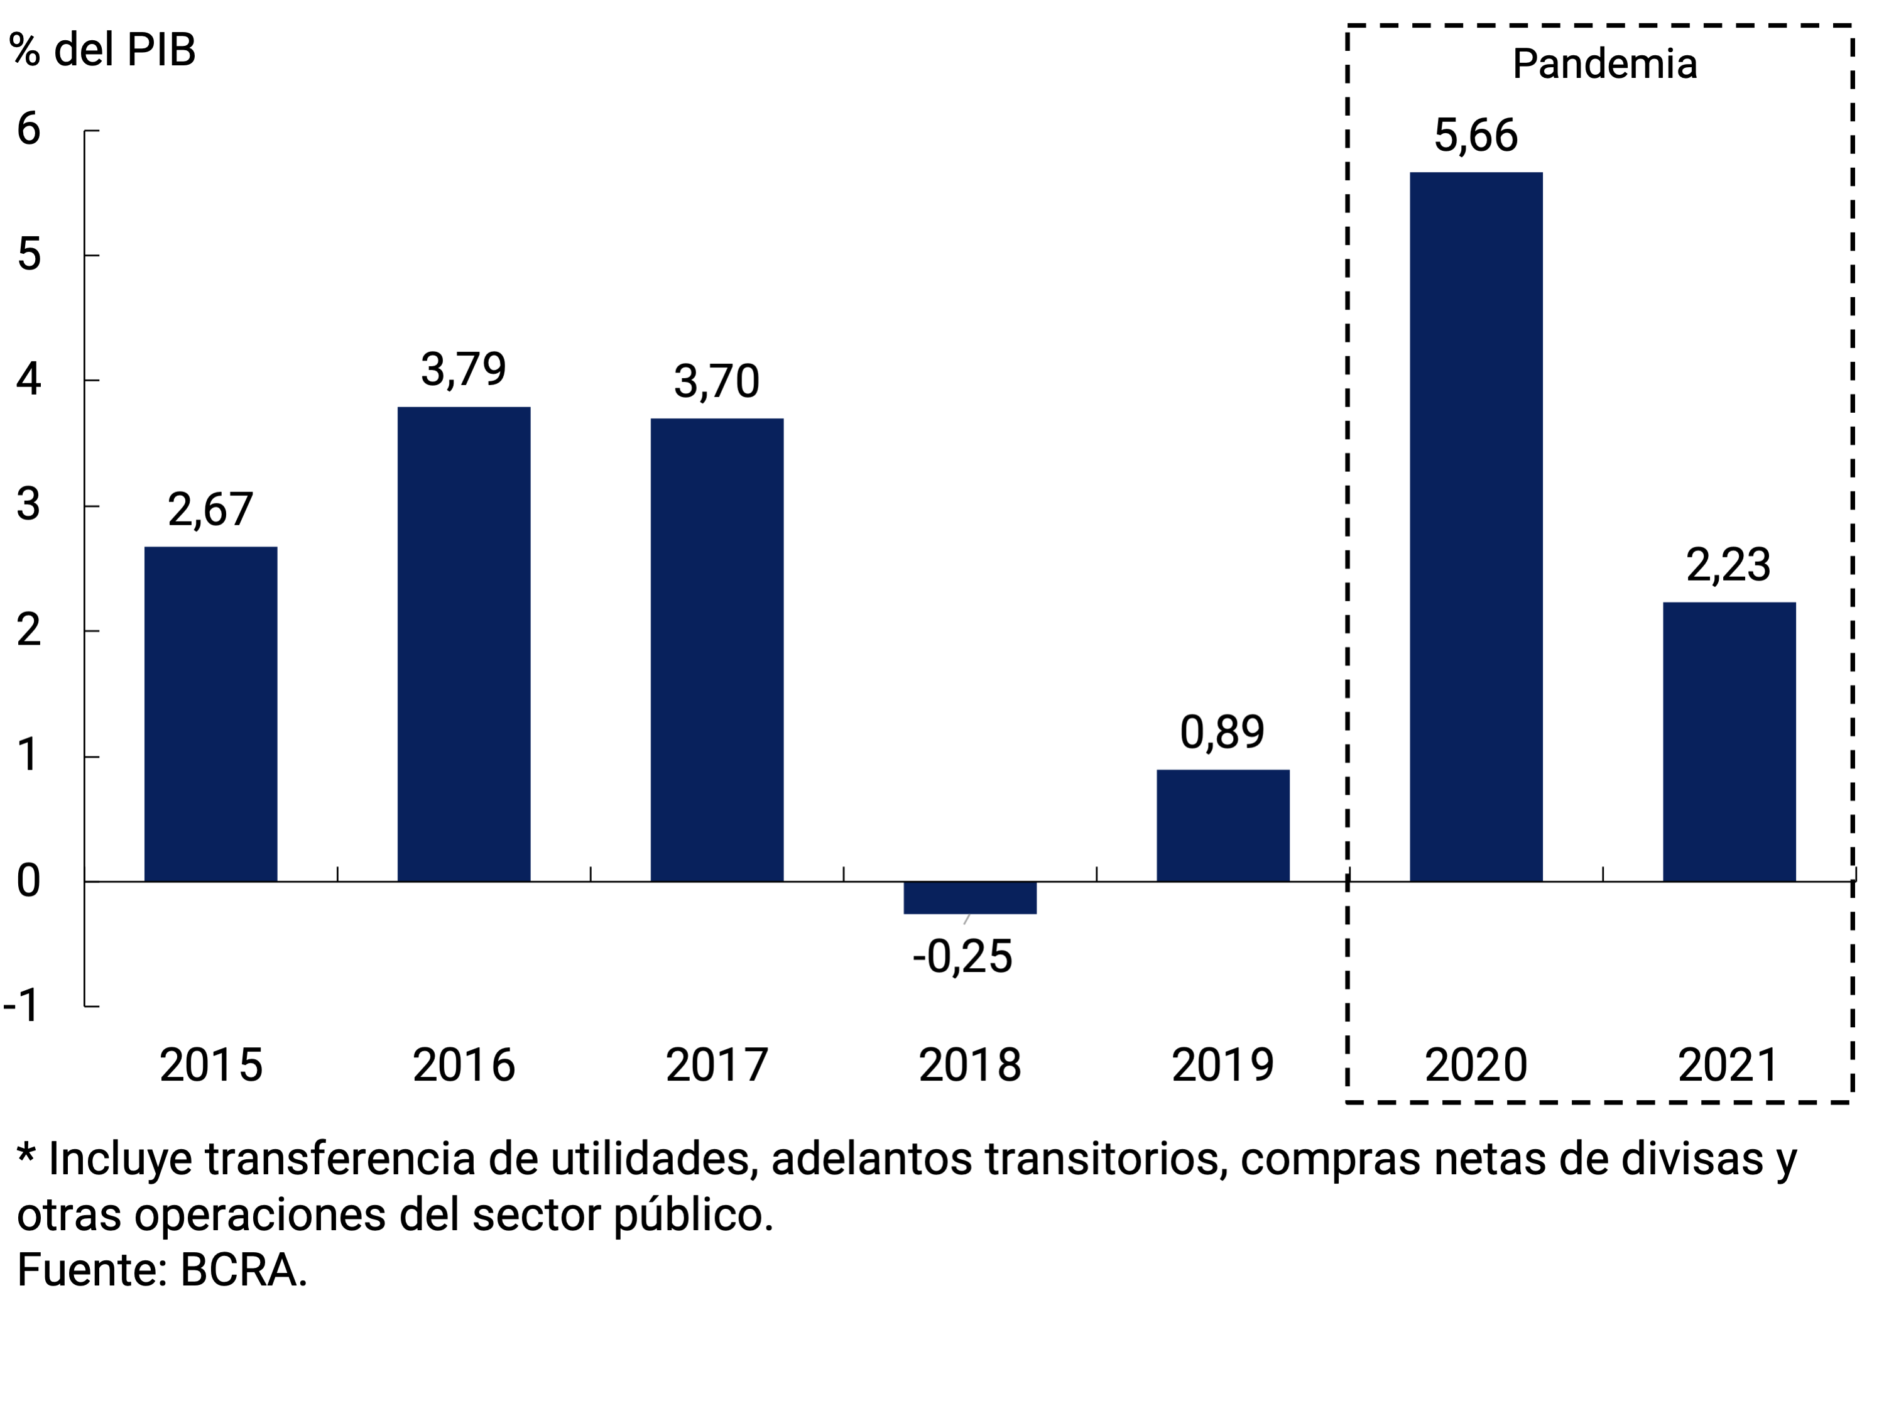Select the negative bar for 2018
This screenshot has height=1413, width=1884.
coord(969,898)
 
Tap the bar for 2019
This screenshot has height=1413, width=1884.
coord(1222,826)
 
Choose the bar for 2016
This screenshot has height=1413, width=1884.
coord(464,644)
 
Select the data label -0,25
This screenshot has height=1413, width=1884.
coord(962,956)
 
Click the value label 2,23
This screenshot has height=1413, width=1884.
coord(1728,565)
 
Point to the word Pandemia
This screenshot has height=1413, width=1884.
coord(1604,64)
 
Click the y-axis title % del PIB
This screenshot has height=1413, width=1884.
coord(102,50)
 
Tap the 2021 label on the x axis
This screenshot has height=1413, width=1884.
coord(1728,1066)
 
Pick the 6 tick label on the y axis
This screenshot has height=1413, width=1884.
coord(29,129)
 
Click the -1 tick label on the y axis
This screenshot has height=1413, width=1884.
coord(21,1006)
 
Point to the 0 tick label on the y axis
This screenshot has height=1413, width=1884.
coord(29,881)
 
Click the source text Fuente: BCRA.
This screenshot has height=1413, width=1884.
coord(162,1270)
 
